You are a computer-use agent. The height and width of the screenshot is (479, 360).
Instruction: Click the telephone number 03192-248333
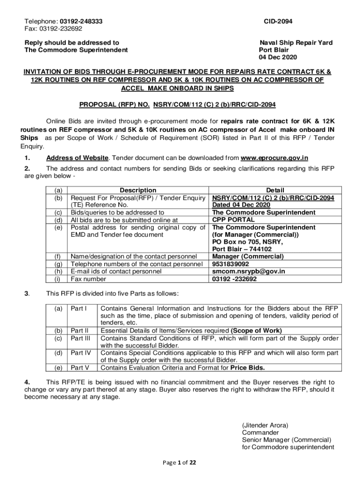click(81, 22)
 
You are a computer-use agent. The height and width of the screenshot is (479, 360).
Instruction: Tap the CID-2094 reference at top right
click(278, 22)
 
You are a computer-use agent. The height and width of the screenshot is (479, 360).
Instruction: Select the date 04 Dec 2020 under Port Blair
click(278, 58)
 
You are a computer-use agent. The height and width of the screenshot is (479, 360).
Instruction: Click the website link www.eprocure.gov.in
click(274, 158)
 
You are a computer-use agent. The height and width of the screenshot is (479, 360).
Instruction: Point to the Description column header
click(138, 190)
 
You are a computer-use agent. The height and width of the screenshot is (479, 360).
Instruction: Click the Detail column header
click(275, 190)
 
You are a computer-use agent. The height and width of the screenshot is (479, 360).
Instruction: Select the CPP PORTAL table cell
click(233, 220)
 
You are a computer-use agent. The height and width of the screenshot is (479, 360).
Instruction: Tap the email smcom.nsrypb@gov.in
click(248, 271)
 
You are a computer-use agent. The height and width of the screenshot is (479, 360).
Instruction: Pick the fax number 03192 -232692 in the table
click(234, 279)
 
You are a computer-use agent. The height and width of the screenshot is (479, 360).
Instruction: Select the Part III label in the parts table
click(80, 338)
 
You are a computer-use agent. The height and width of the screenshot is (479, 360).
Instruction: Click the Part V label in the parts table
click(79, 368)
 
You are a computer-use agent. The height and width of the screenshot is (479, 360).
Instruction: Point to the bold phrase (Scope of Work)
click(256, 330)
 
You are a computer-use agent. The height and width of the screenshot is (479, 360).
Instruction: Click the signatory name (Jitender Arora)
click(265, 425)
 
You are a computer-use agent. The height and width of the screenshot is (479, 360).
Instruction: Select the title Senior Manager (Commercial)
click(286, 440)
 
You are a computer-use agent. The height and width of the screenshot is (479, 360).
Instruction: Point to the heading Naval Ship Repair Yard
click(296, 43)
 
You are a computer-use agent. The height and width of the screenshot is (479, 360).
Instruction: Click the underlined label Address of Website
click(77, 158)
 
